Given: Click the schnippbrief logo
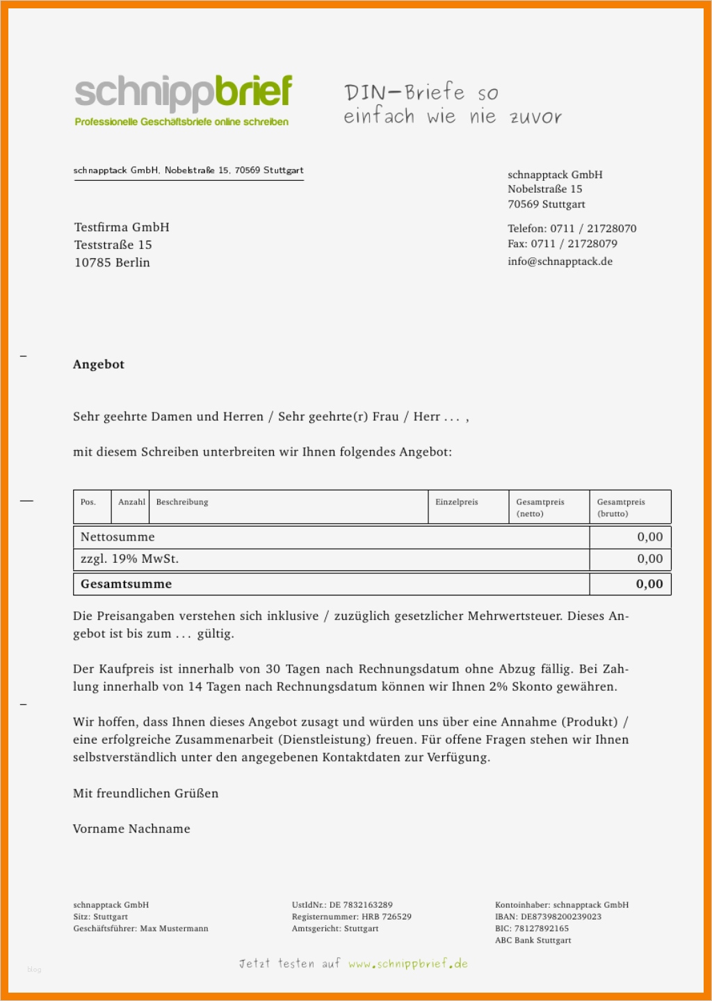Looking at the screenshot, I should pyautogui.click(x=183, y=93).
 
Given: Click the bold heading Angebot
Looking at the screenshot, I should pyautogui.click(x=99, y=365).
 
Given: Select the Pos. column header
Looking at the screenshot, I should pyautogui.click(x=88, y=502).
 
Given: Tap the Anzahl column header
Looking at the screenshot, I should pyautogui.click(x=131, y=502).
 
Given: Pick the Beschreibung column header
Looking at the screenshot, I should pyautogui.click(x=182, y=502).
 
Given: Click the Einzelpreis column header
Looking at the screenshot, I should pyautogui.click(x=457, y=502).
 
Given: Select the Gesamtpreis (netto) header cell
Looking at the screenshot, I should pyautogui.click(x=540, y=507).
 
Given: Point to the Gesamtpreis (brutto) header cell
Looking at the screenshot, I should pyautogui.click(x=621, y=507).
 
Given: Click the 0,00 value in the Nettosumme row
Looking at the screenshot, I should pyautogui.click(x=649, y=537).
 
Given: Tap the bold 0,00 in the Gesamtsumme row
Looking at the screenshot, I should pyautogui.click(x=649, y=584).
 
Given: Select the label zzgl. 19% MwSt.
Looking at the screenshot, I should pyautogui.click(x=129, y=559).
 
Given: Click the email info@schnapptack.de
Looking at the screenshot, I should pyautogui.click(x=560, y=262).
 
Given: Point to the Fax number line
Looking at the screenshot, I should pyautogui.click(x=562, y=244).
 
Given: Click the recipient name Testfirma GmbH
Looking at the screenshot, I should pyautogui.click(x=122, y=227).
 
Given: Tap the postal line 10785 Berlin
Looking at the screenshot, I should pyautogui.click(x=112, y=263).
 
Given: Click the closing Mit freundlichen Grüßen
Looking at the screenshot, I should pyautogui.click(x=145, y=794).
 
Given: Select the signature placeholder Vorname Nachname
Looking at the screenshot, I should pyautogui.click(x=131, y=829).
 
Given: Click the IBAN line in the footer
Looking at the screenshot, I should pyautogui.click(x=548, y=917).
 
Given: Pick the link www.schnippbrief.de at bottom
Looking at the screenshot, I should pyautogui.click(x=407, y=964).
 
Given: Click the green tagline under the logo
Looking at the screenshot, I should pyautogui.click(x=181, y=122).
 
